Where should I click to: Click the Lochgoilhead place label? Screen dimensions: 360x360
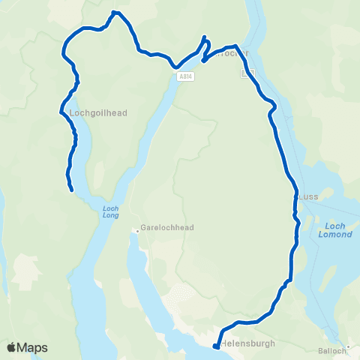(98, 113)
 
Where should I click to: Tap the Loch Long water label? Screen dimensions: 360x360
(110, 213)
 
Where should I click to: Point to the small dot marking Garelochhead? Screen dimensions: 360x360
(138, 230)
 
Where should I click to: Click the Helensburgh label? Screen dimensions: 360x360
(248, 343)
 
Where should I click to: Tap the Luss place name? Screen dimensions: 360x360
(308, 196)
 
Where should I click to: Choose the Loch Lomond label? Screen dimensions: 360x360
(335, 229)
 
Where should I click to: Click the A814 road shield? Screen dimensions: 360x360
(185, 76)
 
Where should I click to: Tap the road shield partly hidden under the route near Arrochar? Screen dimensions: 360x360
(250, 73)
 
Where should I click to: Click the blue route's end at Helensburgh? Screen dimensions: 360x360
(215, 346)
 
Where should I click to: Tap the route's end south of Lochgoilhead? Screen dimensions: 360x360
(71, 190)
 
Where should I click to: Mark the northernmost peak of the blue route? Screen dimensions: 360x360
(114, 12)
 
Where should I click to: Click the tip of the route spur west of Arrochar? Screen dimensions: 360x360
(203, 37)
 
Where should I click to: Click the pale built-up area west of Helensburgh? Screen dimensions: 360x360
(184, 299)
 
